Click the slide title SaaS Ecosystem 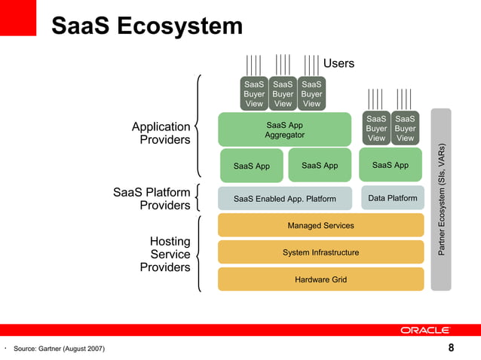coord(147,26)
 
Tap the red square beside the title coord(18,17)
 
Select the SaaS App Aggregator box coord(284,130)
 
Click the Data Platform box coord(392,198)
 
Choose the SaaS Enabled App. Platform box coord(284,199)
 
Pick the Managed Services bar coord(320,225)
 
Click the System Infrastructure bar coord(320,252)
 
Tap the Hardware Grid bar coord(320,279)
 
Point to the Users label coord(339,63)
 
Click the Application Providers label coord(161,133)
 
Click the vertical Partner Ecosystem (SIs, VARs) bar coord(441,200)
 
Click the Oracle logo coord(425,330)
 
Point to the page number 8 coord(451,348)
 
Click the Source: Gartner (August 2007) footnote coord(59,348)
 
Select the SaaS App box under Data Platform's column coord(391,165)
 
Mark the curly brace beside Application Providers coord(198,124)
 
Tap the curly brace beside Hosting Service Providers coord(198,253)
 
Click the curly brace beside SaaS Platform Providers coord(198,197)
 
